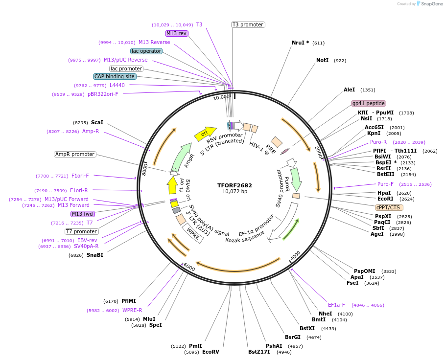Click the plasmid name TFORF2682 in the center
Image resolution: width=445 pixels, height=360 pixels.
pos(234,185)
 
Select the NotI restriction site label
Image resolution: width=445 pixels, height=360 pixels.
pos(322,61)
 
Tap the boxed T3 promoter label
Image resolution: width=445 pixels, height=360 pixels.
pos(248,24)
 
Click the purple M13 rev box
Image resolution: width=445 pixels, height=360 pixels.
pos(177,33)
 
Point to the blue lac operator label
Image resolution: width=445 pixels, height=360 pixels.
pos(146,51)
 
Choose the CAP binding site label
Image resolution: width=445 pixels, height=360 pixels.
pos(115,76)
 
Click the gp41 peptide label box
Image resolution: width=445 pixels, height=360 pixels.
pos(369,103)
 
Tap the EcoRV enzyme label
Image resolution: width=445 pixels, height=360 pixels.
pos(211,352)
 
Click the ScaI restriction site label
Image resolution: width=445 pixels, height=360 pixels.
pos(97,122)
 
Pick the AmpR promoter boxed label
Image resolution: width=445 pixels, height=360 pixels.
pos(75,154)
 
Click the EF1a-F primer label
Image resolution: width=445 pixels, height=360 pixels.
pos(336,305)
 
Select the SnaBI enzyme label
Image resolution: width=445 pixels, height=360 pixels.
pos(95,255)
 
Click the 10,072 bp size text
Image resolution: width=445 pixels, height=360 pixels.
pos(234,191)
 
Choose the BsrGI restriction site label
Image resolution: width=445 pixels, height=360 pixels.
pos(293,337)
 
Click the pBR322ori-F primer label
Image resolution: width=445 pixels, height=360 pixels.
pos(103,94)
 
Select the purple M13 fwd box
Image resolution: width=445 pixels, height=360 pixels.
pos(82,214)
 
